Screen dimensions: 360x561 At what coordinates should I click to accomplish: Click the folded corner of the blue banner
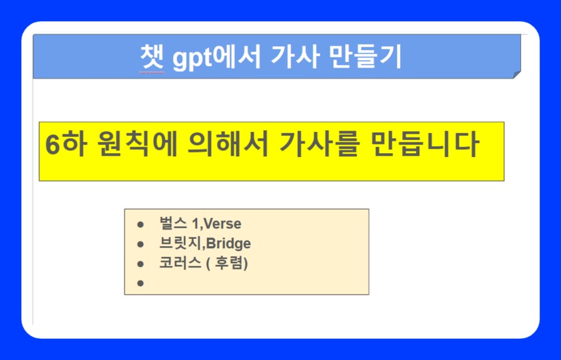click(x=517, y=74)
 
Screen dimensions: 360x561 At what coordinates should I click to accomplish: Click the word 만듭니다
click(x=425, y=146)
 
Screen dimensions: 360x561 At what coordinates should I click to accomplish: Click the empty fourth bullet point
click(x=141, y=283)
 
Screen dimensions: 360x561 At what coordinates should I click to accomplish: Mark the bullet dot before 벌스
click(x=141, y=224)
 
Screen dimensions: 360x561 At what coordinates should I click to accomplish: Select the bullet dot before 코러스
click(x=141, y=263)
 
